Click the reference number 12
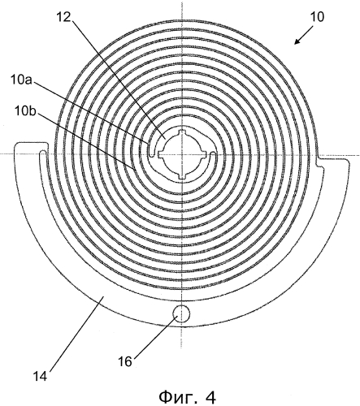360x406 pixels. [x=64, y=17]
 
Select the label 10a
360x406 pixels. [x=21, y=80]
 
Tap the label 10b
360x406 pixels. [x=25, y=111]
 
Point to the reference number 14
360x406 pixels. [x=41, y=376]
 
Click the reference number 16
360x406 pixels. [x=125, y=361]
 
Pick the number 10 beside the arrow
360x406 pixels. [x=317, y=17]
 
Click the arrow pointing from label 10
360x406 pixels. [x=303, y=35]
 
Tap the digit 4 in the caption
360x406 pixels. [x=210, y=397]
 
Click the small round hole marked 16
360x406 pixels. [x=181, y=313]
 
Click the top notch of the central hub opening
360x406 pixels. [x=182, y=132]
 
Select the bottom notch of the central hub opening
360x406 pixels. [x=182, y=177]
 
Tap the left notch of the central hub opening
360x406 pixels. [x=160, y=154]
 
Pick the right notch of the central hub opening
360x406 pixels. [x=204, y=154]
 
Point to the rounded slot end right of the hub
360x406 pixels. [x=213, y=154]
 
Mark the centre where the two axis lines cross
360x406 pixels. [x=182, y=154]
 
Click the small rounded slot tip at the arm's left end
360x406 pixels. [x=43, y=153]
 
